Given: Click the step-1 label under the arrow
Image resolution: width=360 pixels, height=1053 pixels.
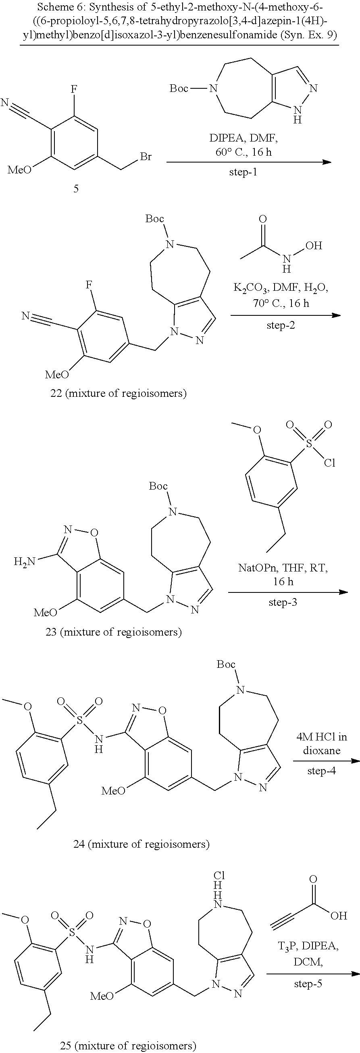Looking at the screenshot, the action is coord(243,172).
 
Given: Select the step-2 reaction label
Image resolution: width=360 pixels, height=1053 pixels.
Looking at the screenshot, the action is coord(280,325).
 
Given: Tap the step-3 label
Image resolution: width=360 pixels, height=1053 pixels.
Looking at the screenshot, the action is coord(283,602).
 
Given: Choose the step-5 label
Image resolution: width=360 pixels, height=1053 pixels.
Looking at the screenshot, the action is coord(308,983).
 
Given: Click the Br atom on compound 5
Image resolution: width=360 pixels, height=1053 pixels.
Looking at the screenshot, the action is coord(146,156).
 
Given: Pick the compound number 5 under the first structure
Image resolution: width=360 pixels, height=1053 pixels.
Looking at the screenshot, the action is coord(76,188).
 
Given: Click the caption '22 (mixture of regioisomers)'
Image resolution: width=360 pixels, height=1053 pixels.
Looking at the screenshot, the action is coord(116,393).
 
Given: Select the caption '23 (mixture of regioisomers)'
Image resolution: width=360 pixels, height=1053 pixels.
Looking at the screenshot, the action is coord(114,632).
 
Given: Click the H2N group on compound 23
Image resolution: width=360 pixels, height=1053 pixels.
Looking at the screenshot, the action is coord(25,562).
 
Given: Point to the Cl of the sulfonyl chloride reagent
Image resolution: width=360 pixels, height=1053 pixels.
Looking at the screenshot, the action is coord(330,462).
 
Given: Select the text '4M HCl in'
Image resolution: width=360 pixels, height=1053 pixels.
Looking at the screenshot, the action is coord(322,736).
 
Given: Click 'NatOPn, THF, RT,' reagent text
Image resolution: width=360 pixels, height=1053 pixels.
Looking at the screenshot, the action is coord(283,568).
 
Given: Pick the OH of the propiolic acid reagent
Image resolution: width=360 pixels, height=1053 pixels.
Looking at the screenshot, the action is coord(339,915).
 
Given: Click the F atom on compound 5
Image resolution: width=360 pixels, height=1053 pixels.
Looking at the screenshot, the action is coord(74,89).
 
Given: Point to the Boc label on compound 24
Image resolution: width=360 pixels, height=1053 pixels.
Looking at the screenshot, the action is coord(226,664).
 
